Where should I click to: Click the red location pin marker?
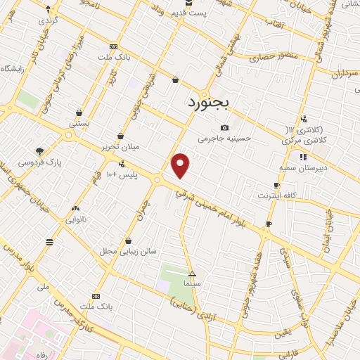point(181,165)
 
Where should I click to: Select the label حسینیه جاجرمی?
point(224,139)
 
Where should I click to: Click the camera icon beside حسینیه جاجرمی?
point(224,127)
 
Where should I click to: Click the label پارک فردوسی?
point(39,162)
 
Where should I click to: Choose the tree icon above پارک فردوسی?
point(39,151)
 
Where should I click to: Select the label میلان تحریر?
point(121,147)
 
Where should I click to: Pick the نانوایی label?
point(77,219)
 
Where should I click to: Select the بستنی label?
point(79,123)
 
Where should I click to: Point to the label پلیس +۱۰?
point(120,173)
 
